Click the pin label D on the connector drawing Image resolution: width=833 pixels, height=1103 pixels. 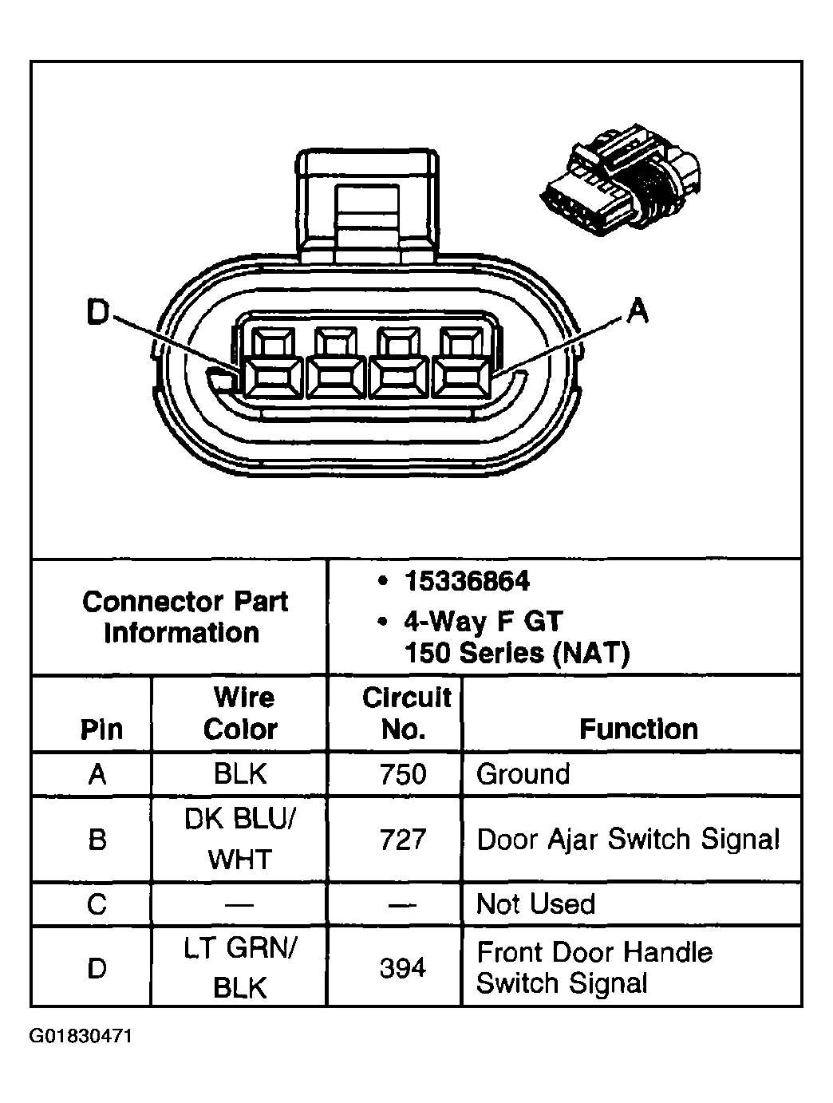coord(97,313)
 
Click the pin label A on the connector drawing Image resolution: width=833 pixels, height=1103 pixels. coord(637,311)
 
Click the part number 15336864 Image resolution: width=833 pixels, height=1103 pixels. coord(466,582)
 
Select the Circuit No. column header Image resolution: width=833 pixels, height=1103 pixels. coord(405,714)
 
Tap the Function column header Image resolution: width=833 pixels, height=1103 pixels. coord(638,729)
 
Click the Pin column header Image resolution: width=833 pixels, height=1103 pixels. coord(101,729)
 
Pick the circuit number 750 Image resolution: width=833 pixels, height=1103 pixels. coord(404,774)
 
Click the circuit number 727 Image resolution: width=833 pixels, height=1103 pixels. coord(404,840)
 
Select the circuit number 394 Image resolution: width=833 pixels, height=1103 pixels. coord(403,968)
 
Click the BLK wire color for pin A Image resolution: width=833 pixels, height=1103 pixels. coord(240,774)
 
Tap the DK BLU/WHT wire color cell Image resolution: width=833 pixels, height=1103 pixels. coord(240,840)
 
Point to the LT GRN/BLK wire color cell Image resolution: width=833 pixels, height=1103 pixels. coord(240,968)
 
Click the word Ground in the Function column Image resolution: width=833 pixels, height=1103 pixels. coord(523,774)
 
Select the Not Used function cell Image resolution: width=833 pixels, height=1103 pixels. coord(535,904)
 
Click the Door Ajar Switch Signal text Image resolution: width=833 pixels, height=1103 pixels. coord(627,840)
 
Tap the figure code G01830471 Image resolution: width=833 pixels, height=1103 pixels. coord(81,1037)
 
